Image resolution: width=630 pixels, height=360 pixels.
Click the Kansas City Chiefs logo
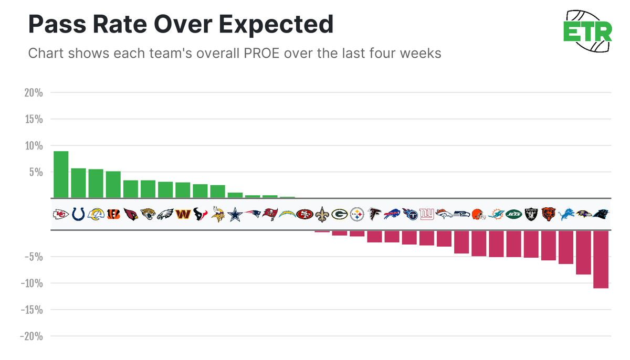pyautogui.click(x=61, y=214)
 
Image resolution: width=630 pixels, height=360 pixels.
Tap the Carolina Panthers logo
pyautogui.click(x=601, y=214)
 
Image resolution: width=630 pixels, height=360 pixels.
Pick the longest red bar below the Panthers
pyautogui.click(x=601, y=259)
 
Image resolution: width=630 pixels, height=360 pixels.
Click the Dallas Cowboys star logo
pyautogui.click(x=235, y=214)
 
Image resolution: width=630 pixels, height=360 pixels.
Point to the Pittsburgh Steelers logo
pyautogui.click(x=357, y=214)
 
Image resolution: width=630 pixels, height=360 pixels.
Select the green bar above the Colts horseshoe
pyautogui.click(x=78, y=183)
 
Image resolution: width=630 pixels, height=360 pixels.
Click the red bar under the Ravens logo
pyautogui.click(x=583, y=252)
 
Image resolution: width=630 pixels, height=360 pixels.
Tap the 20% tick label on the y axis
pyautogui.click(x=33, y=93)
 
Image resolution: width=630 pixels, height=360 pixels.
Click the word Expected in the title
pyautogui.click(x=275, y=24)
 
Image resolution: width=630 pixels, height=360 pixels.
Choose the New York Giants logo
pyautogui.click(x=426, y=214)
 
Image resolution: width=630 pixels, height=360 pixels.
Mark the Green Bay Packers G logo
pyautogui.click(x=339, y=214)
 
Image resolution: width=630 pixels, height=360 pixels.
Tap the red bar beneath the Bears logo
pyautogui.click(x=548, y=246)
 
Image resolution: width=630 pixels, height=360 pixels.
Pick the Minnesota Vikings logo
pyautogui.click(x=217, y=214)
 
